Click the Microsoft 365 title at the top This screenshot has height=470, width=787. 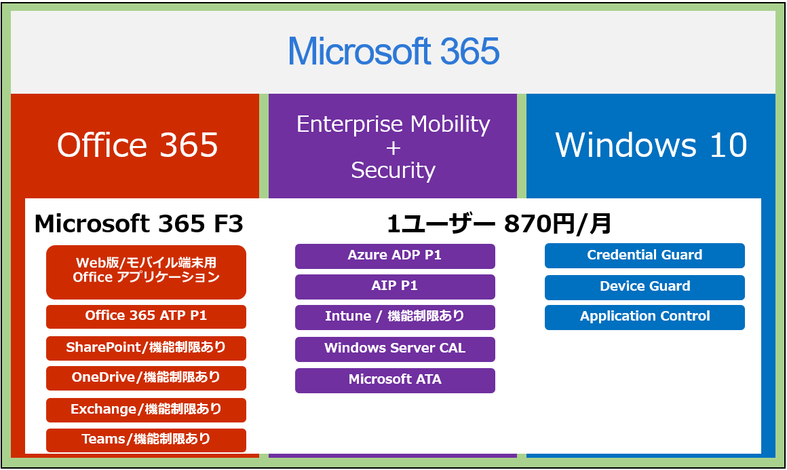(394, 51)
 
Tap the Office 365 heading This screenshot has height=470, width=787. (138, 145)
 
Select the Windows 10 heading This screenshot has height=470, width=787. (651, 145)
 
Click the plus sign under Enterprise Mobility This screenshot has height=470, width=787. (394, 148)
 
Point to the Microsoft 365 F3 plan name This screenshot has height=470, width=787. (139, 223)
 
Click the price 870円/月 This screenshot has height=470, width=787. (557, 223)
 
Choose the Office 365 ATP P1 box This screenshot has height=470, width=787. (146, 317)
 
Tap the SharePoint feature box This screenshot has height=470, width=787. (146, 348)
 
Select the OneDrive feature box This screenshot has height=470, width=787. (146, 378)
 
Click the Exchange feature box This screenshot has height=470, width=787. (146, 410)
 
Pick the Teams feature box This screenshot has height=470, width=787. (146, 440)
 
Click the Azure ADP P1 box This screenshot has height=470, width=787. (395, 256)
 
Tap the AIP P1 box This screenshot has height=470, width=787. (395, 287)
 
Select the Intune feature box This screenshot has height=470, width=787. (395, 317)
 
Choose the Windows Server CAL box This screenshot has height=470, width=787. (395, 349)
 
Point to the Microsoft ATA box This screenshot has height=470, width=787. (395, 380)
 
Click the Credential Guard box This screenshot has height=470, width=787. (645, 256)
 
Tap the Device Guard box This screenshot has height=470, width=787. (645, 287)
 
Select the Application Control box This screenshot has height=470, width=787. (645, 318)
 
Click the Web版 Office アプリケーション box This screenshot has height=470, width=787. (146, 272)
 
